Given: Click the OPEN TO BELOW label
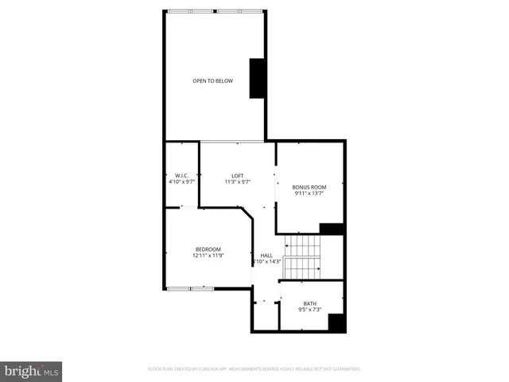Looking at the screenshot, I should (212, 80).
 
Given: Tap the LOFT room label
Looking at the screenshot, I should (237, 175).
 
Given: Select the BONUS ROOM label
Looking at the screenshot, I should (309, 186).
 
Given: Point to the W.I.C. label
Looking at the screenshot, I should (181, 175).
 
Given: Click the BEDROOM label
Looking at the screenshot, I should (208, 249).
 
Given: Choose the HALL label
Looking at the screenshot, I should (266, 255).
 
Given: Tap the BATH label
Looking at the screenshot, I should (309, 303).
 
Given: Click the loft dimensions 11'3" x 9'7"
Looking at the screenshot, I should (237, 182).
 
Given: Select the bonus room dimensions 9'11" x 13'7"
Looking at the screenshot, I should (309, 193).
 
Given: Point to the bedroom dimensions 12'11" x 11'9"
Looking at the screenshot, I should (208, 256).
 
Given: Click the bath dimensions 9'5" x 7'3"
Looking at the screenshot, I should (309, 310).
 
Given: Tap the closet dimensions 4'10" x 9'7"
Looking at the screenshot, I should (181, 182).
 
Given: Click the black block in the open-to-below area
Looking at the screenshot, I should (257, 79).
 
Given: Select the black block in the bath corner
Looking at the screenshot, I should (336, 322).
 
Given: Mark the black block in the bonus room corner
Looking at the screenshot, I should (331, 228).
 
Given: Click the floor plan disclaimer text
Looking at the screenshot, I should (254, 369).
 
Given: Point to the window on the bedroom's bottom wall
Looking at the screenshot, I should (191, 286).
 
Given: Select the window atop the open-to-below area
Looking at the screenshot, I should (215, 10).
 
